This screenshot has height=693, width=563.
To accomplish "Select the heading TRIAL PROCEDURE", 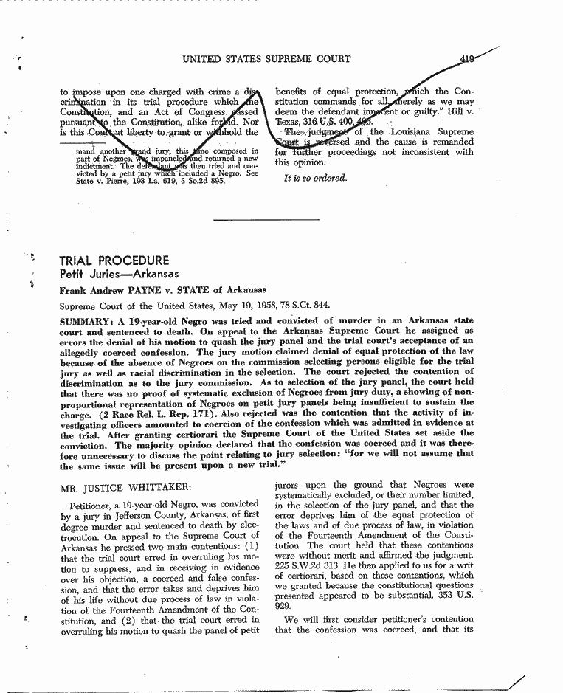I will [114, 261].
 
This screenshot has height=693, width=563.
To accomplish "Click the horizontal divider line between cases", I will [266, 220].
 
